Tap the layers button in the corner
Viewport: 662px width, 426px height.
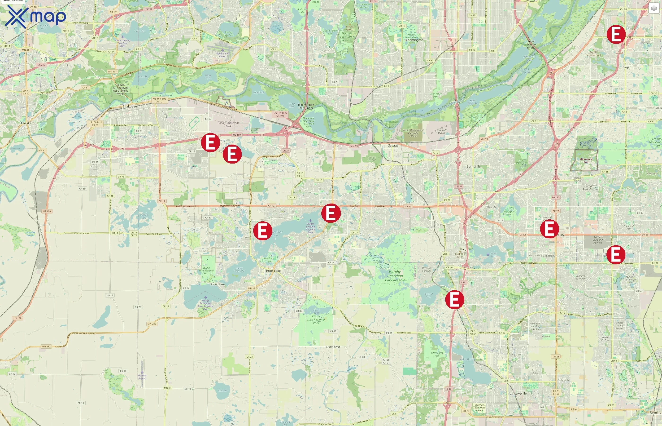click(x=654, y=9)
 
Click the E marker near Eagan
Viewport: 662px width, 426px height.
click(x=616, y=34)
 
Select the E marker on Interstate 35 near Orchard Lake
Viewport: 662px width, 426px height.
click(x=454, y=299)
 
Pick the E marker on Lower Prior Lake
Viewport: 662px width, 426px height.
click(x=262, y=231)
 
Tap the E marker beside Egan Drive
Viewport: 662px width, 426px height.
click(x=331, y=213)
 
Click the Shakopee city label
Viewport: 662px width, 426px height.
click(x=130, y=106)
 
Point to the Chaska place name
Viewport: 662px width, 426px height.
click(x=26, y=123)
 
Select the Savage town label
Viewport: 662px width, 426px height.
click(x=393, y=146)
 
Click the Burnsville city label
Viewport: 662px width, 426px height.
click(x=473, y=167)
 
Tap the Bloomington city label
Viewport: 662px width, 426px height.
click(x=414, y=40)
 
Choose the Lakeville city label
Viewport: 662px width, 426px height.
click(x=520, y=393)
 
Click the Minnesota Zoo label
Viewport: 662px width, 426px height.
click(x=586, y=160)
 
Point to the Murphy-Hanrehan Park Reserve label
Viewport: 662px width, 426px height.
click(x=395, y=276)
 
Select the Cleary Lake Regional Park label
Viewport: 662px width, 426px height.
click(x=316, y=319)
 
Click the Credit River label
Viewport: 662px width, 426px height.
click(x=333, y=347)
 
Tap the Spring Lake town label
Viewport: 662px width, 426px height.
click(x=217, y=284)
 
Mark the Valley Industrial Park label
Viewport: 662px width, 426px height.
click(x=228, y=124)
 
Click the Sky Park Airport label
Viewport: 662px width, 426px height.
click(x=142, y=377)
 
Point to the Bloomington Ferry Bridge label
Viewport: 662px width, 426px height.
click(x=306, y=106)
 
